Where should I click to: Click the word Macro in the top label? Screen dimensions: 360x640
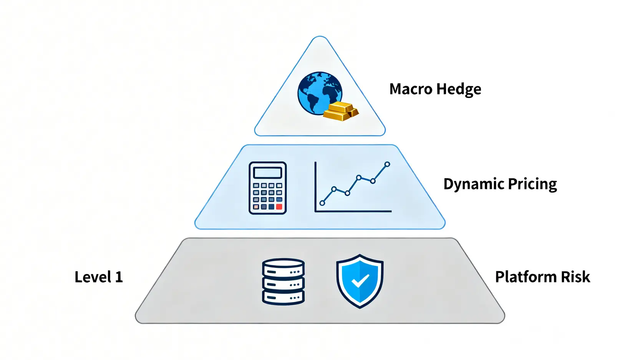411,89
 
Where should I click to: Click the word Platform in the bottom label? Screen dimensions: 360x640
526,277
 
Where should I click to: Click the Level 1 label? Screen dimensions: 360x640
99,277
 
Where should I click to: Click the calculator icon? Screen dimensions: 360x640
268,188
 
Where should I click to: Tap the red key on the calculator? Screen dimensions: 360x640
279,207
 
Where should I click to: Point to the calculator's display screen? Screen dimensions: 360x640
268,173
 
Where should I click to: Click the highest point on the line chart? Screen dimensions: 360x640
387,164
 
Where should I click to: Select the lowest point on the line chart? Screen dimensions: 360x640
322,203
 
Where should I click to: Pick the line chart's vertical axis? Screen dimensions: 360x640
315,186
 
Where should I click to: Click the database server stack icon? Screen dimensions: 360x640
284,282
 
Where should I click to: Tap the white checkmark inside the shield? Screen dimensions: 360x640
360,280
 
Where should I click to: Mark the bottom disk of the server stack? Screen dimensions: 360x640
284,297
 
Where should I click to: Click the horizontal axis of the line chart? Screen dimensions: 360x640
353,211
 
